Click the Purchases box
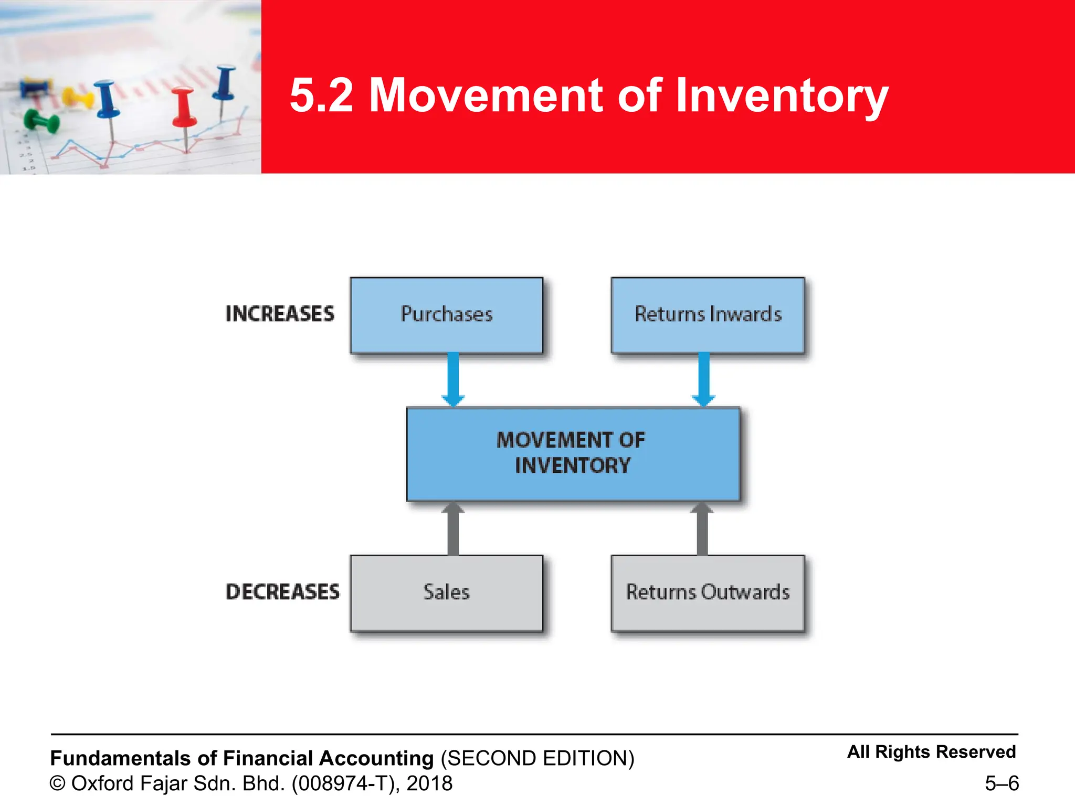tap(446, 315)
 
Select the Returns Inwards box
tap(708, 315)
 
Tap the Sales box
tap(446, 592)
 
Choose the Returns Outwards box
tap(708, 592)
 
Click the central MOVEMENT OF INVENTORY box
tap(573, 453)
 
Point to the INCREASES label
tap(280, 314)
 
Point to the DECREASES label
tap(282, 592)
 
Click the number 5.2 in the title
tap(321, 96)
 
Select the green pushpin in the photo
tap(41, 122)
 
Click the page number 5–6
tap(1002, 783)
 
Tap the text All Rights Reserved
tap(931, 751)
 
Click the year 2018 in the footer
tap(429, 783)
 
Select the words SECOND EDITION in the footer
tap(537, 758)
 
